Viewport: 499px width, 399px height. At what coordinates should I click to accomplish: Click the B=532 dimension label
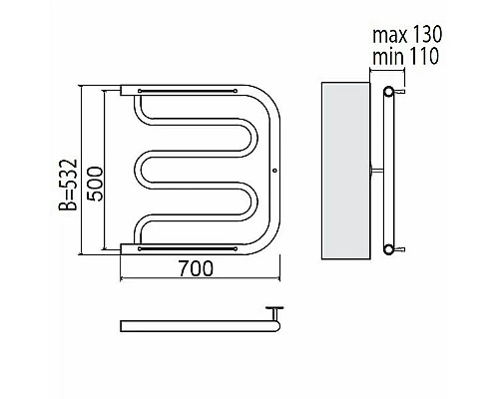click(x=68, y=185)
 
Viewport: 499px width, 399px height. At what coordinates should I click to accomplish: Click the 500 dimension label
click(x=95, y=184)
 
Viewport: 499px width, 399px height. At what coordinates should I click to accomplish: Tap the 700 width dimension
click(x=196, y=268)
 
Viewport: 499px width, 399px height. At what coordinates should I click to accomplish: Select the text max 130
click(x=407, y=34)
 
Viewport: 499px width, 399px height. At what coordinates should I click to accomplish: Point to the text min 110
click(x=405, y=56)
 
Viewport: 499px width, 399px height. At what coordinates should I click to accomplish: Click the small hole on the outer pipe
click(x=274, y=171)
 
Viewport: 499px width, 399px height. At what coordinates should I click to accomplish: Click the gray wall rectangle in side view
click(x=345, y=171)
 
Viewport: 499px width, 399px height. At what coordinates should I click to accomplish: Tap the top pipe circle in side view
click(x=388, y=91)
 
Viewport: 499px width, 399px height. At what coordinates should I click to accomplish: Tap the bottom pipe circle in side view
click(x=388, y=249)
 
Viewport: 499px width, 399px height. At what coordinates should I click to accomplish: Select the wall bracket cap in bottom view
click(x=274, y=308)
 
